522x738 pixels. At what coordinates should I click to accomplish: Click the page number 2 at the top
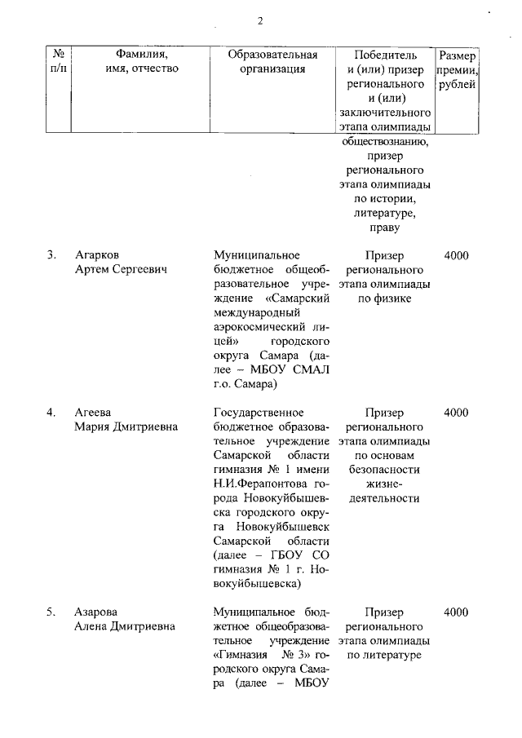[x=260, y=21]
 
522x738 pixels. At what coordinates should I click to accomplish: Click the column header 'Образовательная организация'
[x=272, y=62]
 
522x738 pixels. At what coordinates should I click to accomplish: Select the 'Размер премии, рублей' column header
[x=458, y=70]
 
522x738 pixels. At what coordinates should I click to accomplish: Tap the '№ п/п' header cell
[x=58, y=62]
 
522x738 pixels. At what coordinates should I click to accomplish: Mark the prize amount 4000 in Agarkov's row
[x=456, y=255]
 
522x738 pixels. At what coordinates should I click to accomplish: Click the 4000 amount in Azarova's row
[x=456, y=612]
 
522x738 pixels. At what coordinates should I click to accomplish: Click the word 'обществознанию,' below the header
[x=384, y=141]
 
